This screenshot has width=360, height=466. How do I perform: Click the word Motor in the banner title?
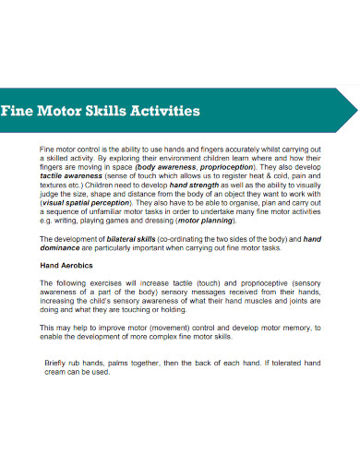pos(60,112)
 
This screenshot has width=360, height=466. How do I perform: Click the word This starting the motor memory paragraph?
pos(48,327)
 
